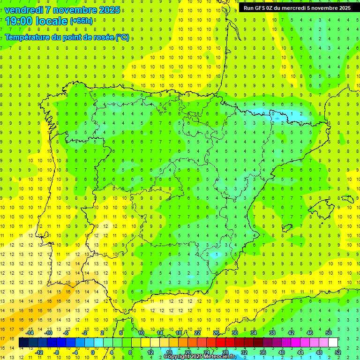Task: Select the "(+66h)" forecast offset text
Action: pos(82,21)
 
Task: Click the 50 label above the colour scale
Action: pos(329,333)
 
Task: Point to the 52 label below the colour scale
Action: pos(338,352)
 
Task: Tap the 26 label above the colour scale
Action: pos(216,333)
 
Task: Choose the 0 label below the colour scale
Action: pos(93,352)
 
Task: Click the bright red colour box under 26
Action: pos(220,343)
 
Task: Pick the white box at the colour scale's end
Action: pos(333,343)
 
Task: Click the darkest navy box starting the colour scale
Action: pos(23,343)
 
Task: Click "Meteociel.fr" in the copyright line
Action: pos(219,357)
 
